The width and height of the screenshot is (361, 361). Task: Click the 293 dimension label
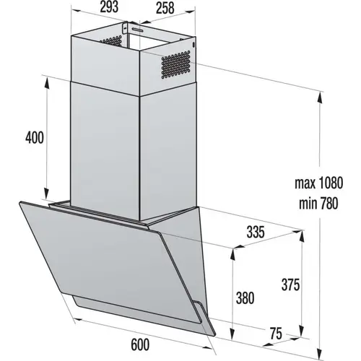(109, 7)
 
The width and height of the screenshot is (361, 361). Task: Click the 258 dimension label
(165, 8)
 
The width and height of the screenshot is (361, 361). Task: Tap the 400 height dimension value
(35, 138)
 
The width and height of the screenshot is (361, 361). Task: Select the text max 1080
(318, 183)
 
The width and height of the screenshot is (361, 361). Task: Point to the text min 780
(318, 204)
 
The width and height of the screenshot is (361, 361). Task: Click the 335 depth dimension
(256, 232)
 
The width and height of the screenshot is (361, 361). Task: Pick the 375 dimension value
(290, 285)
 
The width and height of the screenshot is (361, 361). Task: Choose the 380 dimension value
(245, 298)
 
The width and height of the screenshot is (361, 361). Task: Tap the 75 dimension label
(276, 334)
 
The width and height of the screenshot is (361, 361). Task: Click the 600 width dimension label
(140, 344)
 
